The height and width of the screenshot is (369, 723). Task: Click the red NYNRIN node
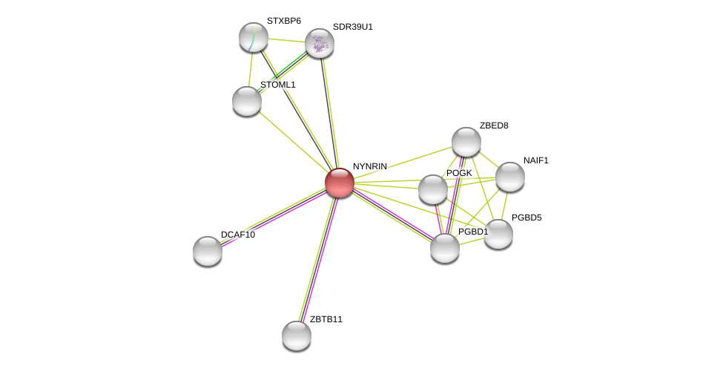[x=340, y=183]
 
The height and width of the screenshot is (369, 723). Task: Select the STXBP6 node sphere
[x=254, y=37]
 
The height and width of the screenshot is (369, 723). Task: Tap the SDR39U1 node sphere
[x=320, y=43]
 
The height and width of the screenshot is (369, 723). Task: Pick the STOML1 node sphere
[x=247, y=101]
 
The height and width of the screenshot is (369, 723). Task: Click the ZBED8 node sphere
[x=466, y=142]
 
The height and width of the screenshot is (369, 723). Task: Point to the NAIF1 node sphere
[x=510, y=177]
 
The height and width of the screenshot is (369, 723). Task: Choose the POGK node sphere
[x=433, y=189]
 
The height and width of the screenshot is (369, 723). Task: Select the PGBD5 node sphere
[x=498, y=234]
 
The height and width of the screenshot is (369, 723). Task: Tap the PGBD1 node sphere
[x=445, y=248]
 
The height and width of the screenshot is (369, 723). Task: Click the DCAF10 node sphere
[x=208, y=251]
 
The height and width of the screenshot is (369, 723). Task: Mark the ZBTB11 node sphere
[x=297, y=336]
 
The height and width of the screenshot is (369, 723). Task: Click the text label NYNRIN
[x=369, y=166]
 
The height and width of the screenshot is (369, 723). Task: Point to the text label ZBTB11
[x=326, y=319]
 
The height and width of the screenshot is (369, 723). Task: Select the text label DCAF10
[x=238, y=235]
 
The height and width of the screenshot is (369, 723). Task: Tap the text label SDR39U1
[x=353, y=27]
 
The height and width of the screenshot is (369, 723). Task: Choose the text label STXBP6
[x=284, y=21]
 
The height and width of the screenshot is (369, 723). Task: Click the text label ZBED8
[x=494, y=125]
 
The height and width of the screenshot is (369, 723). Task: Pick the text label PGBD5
[x=526, y=218]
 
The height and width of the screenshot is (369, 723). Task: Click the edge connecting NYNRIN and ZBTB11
[x=318, y=259]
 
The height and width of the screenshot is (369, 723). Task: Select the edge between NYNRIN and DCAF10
[x=274, y=217]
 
